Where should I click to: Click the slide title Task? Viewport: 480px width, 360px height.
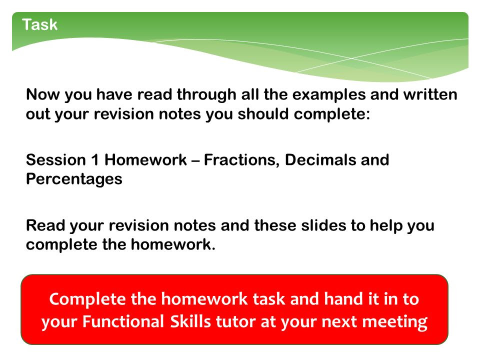40,24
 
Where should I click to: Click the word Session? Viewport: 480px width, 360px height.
56,160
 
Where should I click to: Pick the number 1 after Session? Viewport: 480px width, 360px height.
95,160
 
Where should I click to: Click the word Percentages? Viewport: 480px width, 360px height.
74,179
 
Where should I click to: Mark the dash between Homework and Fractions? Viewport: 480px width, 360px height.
195,161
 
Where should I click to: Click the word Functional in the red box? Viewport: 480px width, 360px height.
123,321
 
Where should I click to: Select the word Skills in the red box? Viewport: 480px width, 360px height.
190,321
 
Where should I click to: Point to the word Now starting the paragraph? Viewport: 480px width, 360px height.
43,94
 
